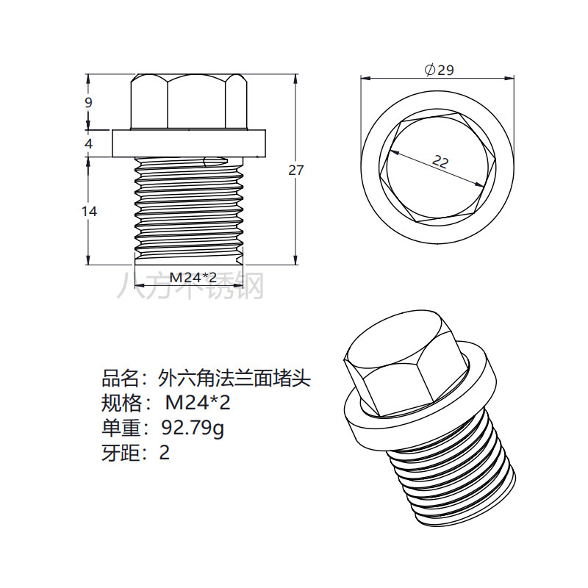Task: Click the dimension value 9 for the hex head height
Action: [x=89, y=103]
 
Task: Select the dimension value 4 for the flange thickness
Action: [x=89, y=144]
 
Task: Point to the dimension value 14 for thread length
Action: [x=89, y=212]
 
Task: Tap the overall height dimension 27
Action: [x=295, y=170]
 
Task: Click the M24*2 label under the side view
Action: [x=193, y=277]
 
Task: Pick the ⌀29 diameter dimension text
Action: [x=439, y=71]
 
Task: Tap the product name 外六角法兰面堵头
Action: [x=235, y=379]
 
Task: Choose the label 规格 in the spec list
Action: [x=119, y=403]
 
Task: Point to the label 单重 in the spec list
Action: [x=119, y=427]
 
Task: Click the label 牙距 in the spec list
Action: [x=119, y=452]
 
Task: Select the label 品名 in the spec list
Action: [x=119, y=379]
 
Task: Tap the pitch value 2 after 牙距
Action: [x=165, y=452]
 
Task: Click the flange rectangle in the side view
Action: [x=187, y=143]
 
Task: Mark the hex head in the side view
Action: [x=187, y=101]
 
